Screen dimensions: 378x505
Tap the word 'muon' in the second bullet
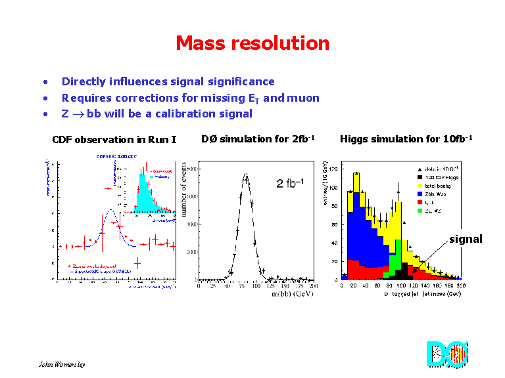[x=303, y=98]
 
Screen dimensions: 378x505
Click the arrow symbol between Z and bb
[x=76, y=114]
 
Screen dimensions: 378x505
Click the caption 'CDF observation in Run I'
[x=114, y=139]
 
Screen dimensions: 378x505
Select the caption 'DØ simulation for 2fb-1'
[x=258, y=139]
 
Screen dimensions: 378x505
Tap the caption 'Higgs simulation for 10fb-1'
[x=406, y=139]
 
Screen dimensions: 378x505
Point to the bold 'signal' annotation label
[x=466, y=239]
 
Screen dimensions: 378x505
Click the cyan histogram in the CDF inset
[x=146, y=197]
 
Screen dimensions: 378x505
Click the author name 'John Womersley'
[x=62, y=364]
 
